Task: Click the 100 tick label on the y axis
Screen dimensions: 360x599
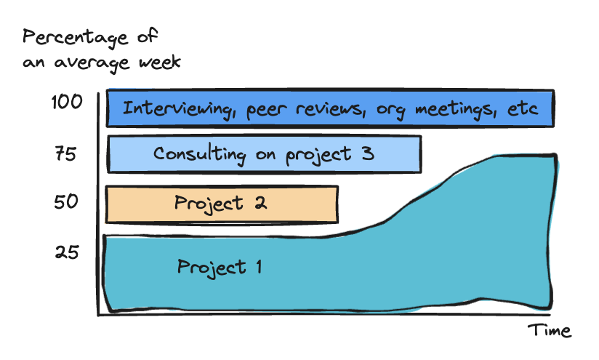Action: tap(67, 103)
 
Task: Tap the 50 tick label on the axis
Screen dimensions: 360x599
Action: tap(68, 201)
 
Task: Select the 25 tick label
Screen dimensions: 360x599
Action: tap(68, 253)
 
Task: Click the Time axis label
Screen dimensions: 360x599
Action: tap(549, 331)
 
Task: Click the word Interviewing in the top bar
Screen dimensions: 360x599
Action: tap(181, 109)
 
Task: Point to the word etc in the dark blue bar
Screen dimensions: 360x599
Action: tap(521, 108)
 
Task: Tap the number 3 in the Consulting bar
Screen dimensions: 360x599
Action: tap(367, 154)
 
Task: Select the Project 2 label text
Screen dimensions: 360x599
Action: tap(220, 203)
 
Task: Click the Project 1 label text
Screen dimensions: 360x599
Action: tap(219, 267)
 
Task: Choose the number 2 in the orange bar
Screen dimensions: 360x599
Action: tap(258, 203)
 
